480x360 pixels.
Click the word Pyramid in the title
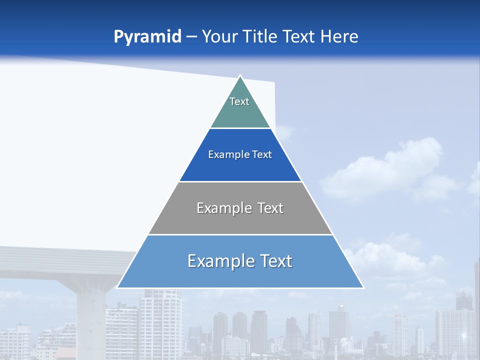[147, 37]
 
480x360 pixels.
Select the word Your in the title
[220, 36]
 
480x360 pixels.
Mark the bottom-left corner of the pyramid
[117, 287]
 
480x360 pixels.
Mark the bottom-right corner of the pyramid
[363, 287]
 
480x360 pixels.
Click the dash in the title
[191, 37]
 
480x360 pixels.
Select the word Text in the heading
[298, 36]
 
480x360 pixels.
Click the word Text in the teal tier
[239, 101]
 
